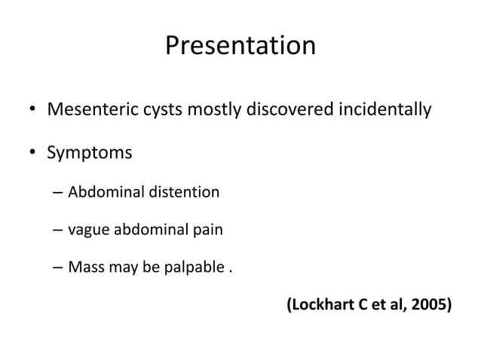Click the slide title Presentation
[240, 47]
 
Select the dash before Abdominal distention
[58, 192]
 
